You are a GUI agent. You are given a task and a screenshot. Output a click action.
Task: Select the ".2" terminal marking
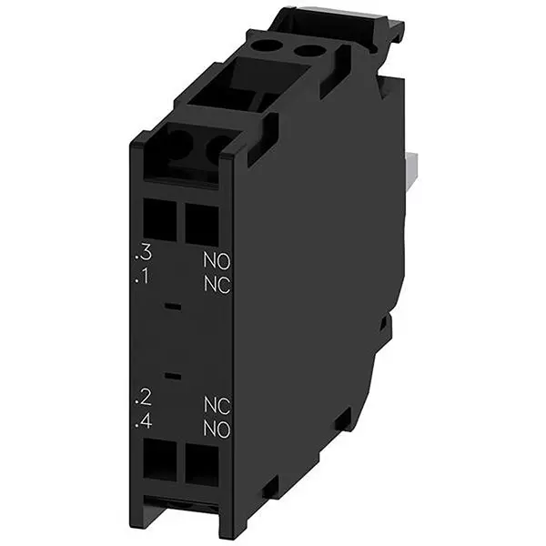click(x=142, y=398)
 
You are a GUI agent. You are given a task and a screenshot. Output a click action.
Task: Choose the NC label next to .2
click(x=216, y=405)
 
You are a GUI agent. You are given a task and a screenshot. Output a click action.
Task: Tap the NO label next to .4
click(x=216, y=430)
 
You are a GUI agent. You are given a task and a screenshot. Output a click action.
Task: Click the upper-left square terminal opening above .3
click(x=159, y=219)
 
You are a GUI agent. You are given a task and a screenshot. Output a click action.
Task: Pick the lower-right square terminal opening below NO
click(x=201, y=466)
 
